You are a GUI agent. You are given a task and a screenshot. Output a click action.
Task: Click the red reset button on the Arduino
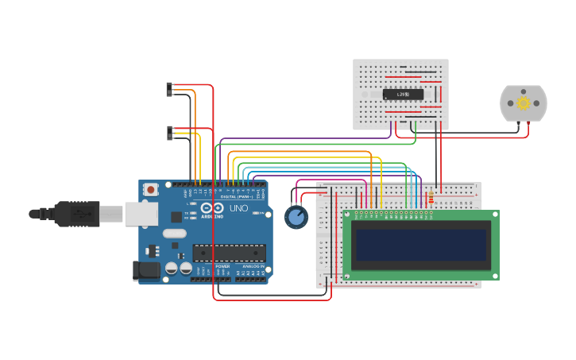[150, 189]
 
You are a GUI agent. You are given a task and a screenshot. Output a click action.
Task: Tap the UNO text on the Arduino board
[238, 208]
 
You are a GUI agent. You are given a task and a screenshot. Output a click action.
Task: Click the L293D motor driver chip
[403, 94]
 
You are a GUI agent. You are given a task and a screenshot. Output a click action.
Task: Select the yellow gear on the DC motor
[523, 103]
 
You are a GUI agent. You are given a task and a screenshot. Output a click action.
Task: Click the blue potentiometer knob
[296, 217]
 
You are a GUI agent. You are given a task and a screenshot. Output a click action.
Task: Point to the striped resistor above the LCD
[431, 197]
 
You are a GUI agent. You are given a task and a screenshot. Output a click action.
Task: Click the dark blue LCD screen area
[420, 245]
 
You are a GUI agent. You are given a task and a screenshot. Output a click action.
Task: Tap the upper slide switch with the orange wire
[169, 89]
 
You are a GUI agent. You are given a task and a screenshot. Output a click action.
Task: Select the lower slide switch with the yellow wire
[169, 133]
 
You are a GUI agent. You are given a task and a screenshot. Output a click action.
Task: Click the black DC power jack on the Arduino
[148, 271]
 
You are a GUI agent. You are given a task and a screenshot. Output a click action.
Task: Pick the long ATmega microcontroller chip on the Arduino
[229, 253]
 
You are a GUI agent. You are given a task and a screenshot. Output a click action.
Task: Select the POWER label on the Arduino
[222, 265]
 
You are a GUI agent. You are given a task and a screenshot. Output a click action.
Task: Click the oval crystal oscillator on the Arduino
[174, 234]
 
